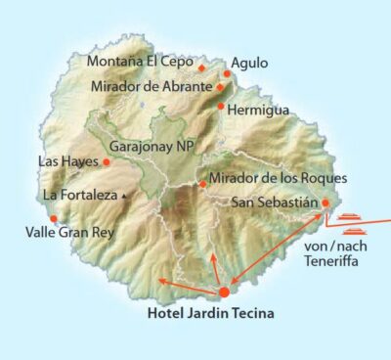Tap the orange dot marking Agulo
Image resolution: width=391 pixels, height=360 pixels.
(227, 73)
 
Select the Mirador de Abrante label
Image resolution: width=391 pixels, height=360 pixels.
(151, 86)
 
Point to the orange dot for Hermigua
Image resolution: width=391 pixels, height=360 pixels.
(222, 106)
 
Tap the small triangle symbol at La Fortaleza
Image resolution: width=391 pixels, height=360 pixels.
(124, 196)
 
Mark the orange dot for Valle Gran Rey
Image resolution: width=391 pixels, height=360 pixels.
(54, 219)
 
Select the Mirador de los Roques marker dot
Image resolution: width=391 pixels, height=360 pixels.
(202, 183)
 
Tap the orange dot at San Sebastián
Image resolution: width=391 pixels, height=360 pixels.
(326, 204)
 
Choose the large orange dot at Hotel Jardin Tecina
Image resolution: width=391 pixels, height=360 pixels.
(224, 292)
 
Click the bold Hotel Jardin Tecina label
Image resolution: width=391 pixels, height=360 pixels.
(210, 314)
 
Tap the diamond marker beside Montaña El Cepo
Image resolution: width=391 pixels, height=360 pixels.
(201, 67)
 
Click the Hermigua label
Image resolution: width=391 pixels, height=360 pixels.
(258, 111)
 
